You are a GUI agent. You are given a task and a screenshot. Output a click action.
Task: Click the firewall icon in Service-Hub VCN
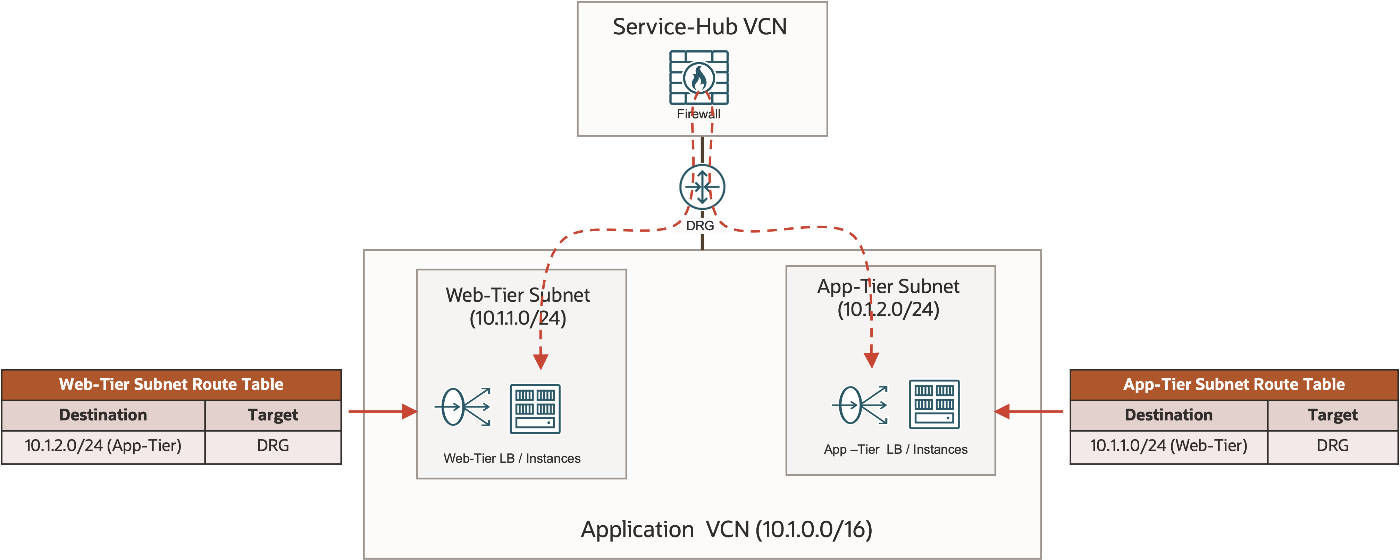click(698, 78)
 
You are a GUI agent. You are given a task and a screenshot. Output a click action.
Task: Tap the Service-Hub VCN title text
click(699, 27)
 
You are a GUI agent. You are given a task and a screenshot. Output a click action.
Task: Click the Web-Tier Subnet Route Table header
click(171, 384)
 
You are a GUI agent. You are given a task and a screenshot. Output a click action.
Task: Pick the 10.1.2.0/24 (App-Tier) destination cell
click(103, 446)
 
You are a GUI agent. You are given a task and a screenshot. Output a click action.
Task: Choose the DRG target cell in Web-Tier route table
click(273, 446)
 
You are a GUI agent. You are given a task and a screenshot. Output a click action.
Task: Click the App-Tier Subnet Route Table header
click(1234, 384)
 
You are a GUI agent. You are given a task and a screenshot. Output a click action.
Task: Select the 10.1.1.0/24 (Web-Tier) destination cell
click(1168, 446)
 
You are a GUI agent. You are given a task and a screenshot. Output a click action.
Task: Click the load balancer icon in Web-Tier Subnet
click(462, 407)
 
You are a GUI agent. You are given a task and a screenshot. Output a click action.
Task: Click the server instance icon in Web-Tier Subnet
click(535, 409)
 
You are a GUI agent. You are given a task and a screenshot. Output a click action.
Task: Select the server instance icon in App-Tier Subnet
click(934, 404)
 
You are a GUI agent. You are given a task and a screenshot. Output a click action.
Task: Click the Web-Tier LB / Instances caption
click(512, 458)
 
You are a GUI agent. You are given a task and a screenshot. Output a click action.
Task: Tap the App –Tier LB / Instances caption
click(896, 450)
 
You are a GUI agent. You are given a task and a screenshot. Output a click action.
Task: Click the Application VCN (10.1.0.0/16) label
click(726, 529)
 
